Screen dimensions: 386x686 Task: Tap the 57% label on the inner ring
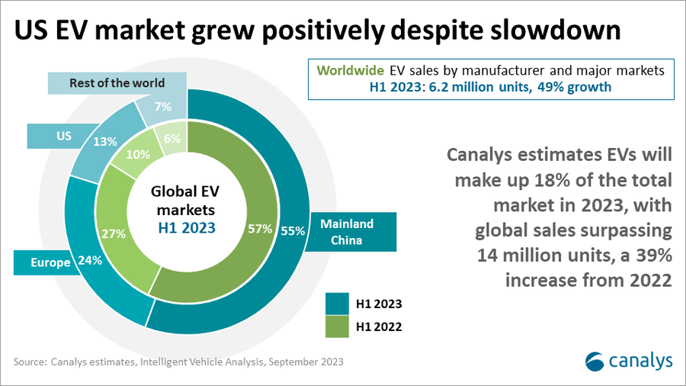261,229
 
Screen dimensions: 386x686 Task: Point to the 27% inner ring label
113,233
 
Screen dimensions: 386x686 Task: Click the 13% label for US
105,141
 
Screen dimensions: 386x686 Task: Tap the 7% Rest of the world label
162,107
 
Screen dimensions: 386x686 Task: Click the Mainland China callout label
347,231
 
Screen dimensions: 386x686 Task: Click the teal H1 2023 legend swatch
337,303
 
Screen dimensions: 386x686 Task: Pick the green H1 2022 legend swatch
337,327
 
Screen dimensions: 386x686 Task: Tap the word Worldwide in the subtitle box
352,70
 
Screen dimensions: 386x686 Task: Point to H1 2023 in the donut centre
187,227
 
